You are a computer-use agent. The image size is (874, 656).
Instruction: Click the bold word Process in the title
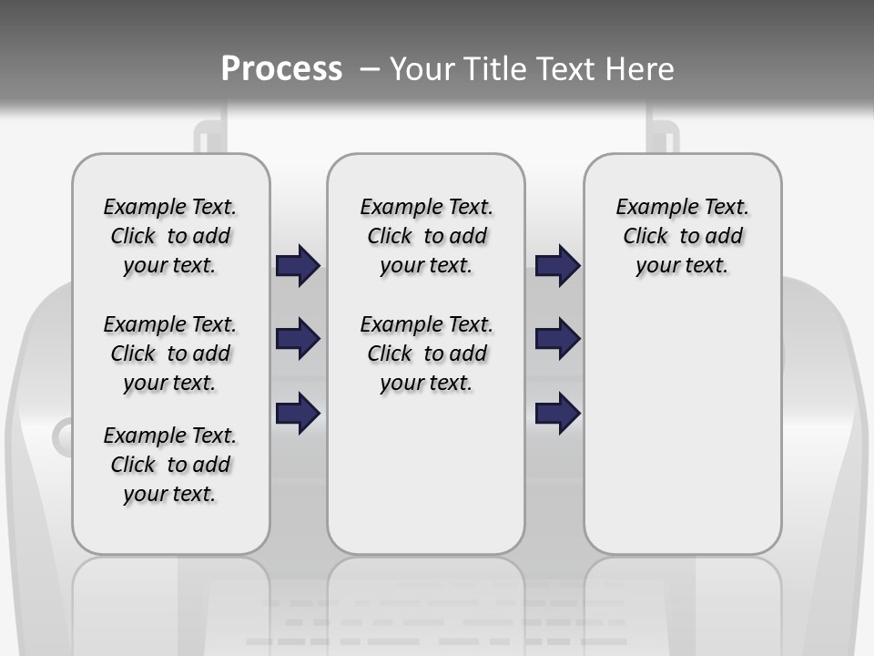click(x=281, y=68)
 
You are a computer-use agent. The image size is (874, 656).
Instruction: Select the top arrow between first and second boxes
click(x=298, y=266)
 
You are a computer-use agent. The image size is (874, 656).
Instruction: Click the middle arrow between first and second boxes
click(x=298, y=340)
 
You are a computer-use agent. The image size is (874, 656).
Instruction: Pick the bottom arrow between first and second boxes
click(x=298, y=413)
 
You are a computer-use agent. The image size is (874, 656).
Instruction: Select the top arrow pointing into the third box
click(x=557, y=266)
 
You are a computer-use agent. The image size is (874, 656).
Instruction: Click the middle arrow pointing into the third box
click(x=557, y=340)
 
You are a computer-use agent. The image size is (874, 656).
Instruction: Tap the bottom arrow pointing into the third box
click(x=557, y=413)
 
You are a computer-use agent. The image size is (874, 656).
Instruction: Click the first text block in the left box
click(x=170, y=236)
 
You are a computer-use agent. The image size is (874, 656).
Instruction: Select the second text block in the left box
click(x=170, y=354)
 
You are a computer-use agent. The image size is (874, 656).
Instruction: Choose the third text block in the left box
click(x=170, y=465)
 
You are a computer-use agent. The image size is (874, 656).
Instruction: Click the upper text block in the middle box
click(x=426, y=236)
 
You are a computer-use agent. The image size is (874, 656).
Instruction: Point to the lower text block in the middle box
click(x=426, y=354)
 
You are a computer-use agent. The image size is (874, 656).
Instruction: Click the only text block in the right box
click(x=682, y=236)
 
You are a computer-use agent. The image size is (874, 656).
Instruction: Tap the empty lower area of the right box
click(x=682, y=437)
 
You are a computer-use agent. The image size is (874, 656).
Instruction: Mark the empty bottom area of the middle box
click(x=426, y=483)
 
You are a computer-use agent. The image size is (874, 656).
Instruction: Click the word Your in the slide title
click(x=423, y=69)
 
